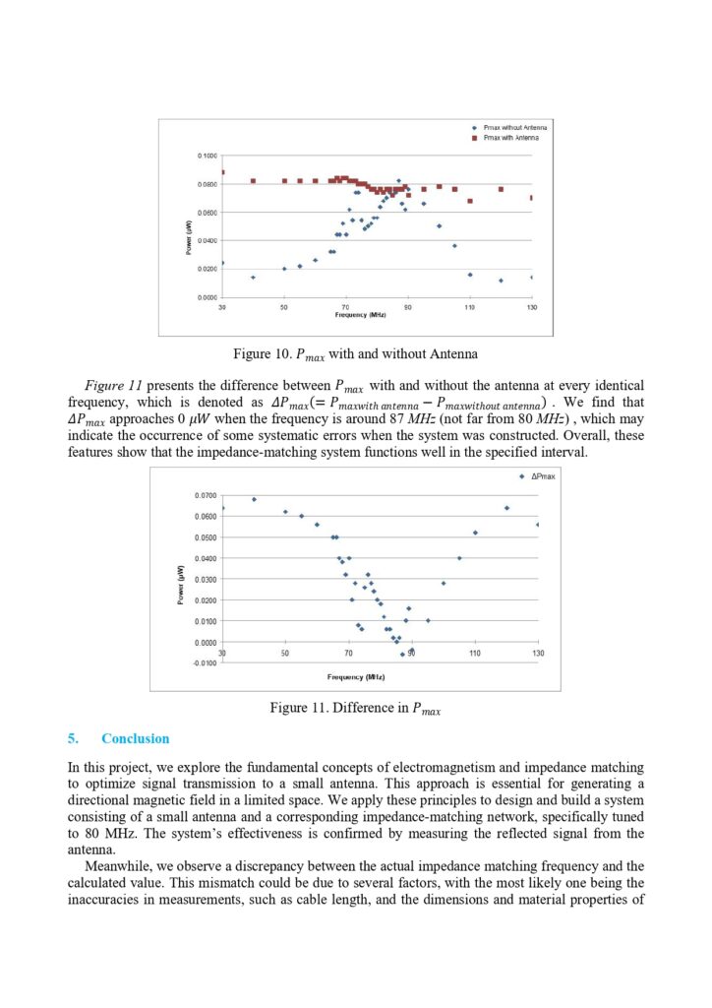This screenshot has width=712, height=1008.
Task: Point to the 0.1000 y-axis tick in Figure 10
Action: (x=207, y=157)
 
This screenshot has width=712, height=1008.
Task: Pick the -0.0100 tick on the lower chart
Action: (x=206, y=663)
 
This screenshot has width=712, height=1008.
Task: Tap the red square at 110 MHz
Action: (x=470, y=201)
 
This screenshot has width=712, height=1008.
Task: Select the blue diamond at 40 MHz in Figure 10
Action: (x=253, y=278)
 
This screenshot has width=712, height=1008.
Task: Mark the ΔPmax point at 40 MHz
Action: (x=254, y=499)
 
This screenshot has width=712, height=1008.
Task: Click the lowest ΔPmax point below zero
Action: (x=402, y=655)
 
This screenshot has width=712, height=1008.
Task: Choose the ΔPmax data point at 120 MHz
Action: (x=506, y=508)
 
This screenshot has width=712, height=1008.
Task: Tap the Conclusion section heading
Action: (x=135, y=738)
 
